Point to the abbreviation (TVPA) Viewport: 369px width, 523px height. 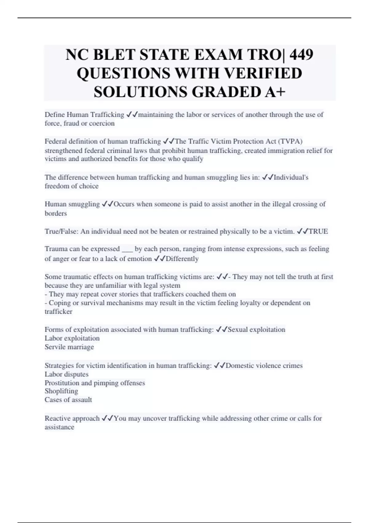pyautogui.click(x=290, y=141)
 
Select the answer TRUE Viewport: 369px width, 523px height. pyautogui.click(x=318, y=231)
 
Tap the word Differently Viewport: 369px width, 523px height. pyautogui.click(x=182, y=259)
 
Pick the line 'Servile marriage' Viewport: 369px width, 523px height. pyautogui.click(x=69, y=347)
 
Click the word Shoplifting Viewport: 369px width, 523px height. pyautogui.click(x=61, y=391)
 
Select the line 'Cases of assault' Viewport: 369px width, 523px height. pyautogui.click(x=68, y=400)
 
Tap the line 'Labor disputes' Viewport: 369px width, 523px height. pyautogui.click(x=66, y=374)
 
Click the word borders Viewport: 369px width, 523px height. pyautogui.click(x=56, y=213)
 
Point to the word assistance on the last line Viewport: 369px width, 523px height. pyautogui.click(x=59, y=427)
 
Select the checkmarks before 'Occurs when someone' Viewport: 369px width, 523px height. pyautogui.click(x=107, y=204)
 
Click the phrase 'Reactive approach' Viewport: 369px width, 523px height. pyautogui.click(x=72, y=418)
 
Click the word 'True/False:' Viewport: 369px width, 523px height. pyautogui.click(x=61, y=231)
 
